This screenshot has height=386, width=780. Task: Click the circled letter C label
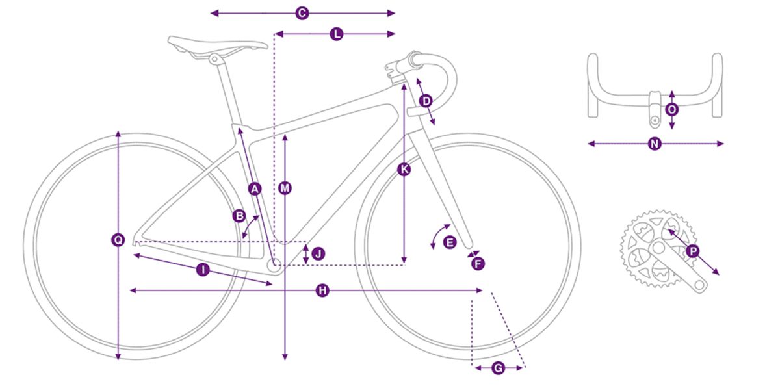click(302, 13)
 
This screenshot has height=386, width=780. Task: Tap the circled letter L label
click(337, 34)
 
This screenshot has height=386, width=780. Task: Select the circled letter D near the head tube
click(426, 101)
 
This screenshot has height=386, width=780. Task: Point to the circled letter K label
click(404, 170)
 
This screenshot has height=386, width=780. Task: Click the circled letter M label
click(285, 188)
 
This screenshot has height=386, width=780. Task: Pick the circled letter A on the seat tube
click(255, 189)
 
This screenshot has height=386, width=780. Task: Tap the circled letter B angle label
click(240, 216)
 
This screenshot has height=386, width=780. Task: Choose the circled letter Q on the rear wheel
click(118, 240)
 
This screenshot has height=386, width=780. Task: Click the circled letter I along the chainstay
click(203, 270)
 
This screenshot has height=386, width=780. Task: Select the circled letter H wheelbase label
click(323, 290)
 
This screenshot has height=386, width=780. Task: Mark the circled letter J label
click(318, 253)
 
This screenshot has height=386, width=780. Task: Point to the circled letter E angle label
click(450, 242)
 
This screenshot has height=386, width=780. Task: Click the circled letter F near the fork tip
click(478, 264)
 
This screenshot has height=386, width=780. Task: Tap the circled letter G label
click(499, 368)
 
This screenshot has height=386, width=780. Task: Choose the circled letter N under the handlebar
click(655, 144)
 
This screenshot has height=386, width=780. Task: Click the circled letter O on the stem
click(672, 110)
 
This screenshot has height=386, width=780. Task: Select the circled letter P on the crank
click(693, 251)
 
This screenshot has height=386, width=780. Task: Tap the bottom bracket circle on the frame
click(274, 264)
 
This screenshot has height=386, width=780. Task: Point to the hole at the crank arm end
click(699, 285)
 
